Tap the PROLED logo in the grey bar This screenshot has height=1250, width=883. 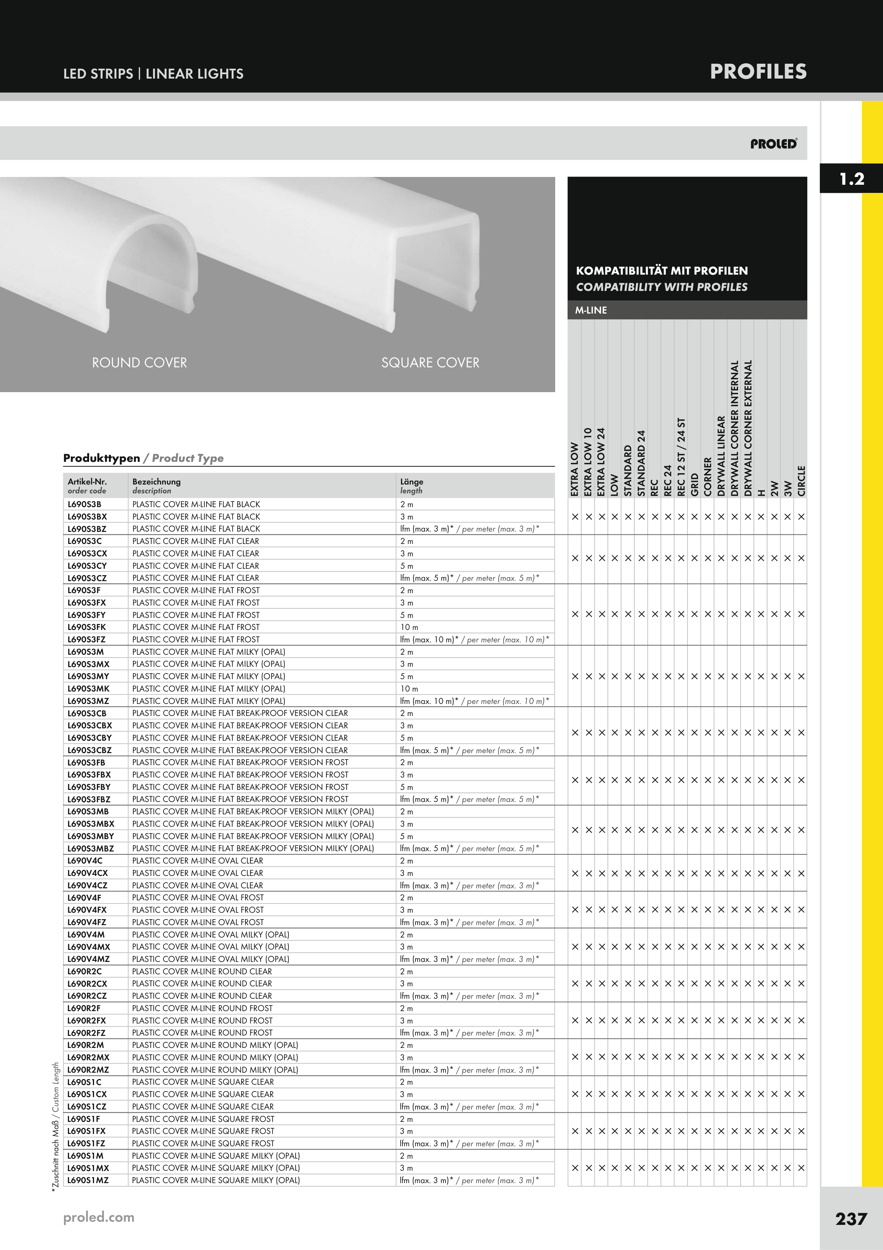pos(774,144)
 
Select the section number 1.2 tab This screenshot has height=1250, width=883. pos(852,179)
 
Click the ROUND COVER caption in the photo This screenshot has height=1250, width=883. pos(139,363)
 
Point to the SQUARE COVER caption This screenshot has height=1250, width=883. pos(430,363)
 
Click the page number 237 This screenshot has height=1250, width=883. pos(852,1219)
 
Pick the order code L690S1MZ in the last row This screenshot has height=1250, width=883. pos(88,1180)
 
